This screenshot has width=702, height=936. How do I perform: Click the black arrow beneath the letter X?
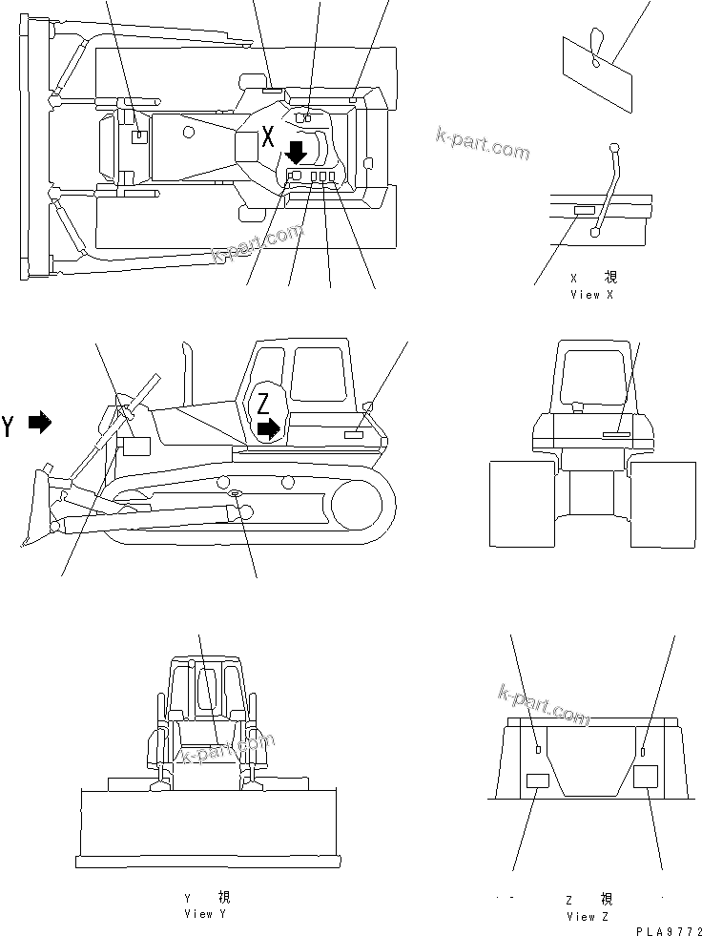[296, 151]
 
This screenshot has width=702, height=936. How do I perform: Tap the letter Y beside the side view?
[9, 426]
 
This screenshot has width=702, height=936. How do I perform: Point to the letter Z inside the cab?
[262, 404]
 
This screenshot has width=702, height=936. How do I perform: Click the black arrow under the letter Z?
[271, 428]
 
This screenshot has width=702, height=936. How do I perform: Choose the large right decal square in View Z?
[647, 775]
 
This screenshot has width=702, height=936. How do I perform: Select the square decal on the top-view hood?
[139, 136]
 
